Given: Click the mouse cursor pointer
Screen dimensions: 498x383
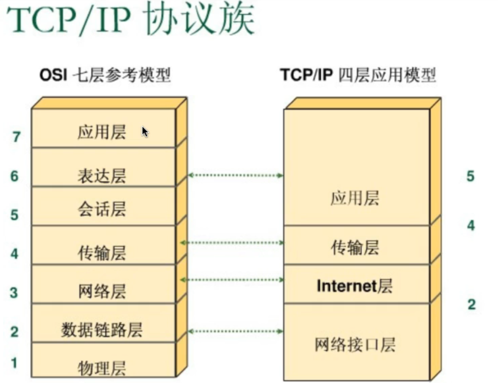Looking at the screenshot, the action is (145, 132).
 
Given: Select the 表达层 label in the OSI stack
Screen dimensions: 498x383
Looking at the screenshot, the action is (102, 176).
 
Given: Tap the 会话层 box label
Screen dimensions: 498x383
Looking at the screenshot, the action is (102, 209).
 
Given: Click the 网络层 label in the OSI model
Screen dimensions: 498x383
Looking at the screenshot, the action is (102, 291).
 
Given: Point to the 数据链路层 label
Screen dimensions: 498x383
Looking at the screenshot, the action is (102, 330).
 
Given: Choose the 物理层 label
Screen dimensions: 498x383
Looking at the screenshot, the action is (102, 368).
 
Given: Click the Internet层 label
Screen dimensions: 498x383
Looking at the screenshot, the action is (355, 286).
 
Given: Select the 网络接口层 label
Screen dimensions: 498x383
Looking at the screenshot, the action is (355, 344).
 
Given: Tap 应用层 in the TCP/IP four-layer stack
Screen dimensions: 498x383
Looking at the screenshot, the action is (355, 199).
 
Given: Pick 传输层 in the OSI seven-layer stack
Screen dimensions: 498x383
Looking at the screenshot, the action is (102, 252).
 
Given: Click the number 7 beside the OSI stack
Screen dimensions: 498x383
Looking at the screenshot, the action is (17, 136).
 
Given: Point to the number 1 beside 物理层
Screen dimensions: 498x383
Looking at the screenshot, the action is (15, 363).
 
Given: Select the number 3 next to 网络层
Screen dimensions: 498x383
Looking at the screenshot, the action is (14, 292).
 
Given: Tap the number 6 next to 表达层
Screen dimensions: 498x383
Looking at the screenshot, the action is (14, 176).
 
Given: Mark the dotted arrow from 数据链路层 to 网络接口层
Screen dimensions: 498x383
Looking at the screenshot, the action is (235, 331).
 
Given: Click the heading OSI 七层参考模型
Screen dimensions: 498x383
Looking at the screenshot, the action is (105, 76).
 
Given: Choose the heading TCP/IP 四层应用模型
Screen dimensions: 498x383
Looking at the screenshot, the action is (358, 76).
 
